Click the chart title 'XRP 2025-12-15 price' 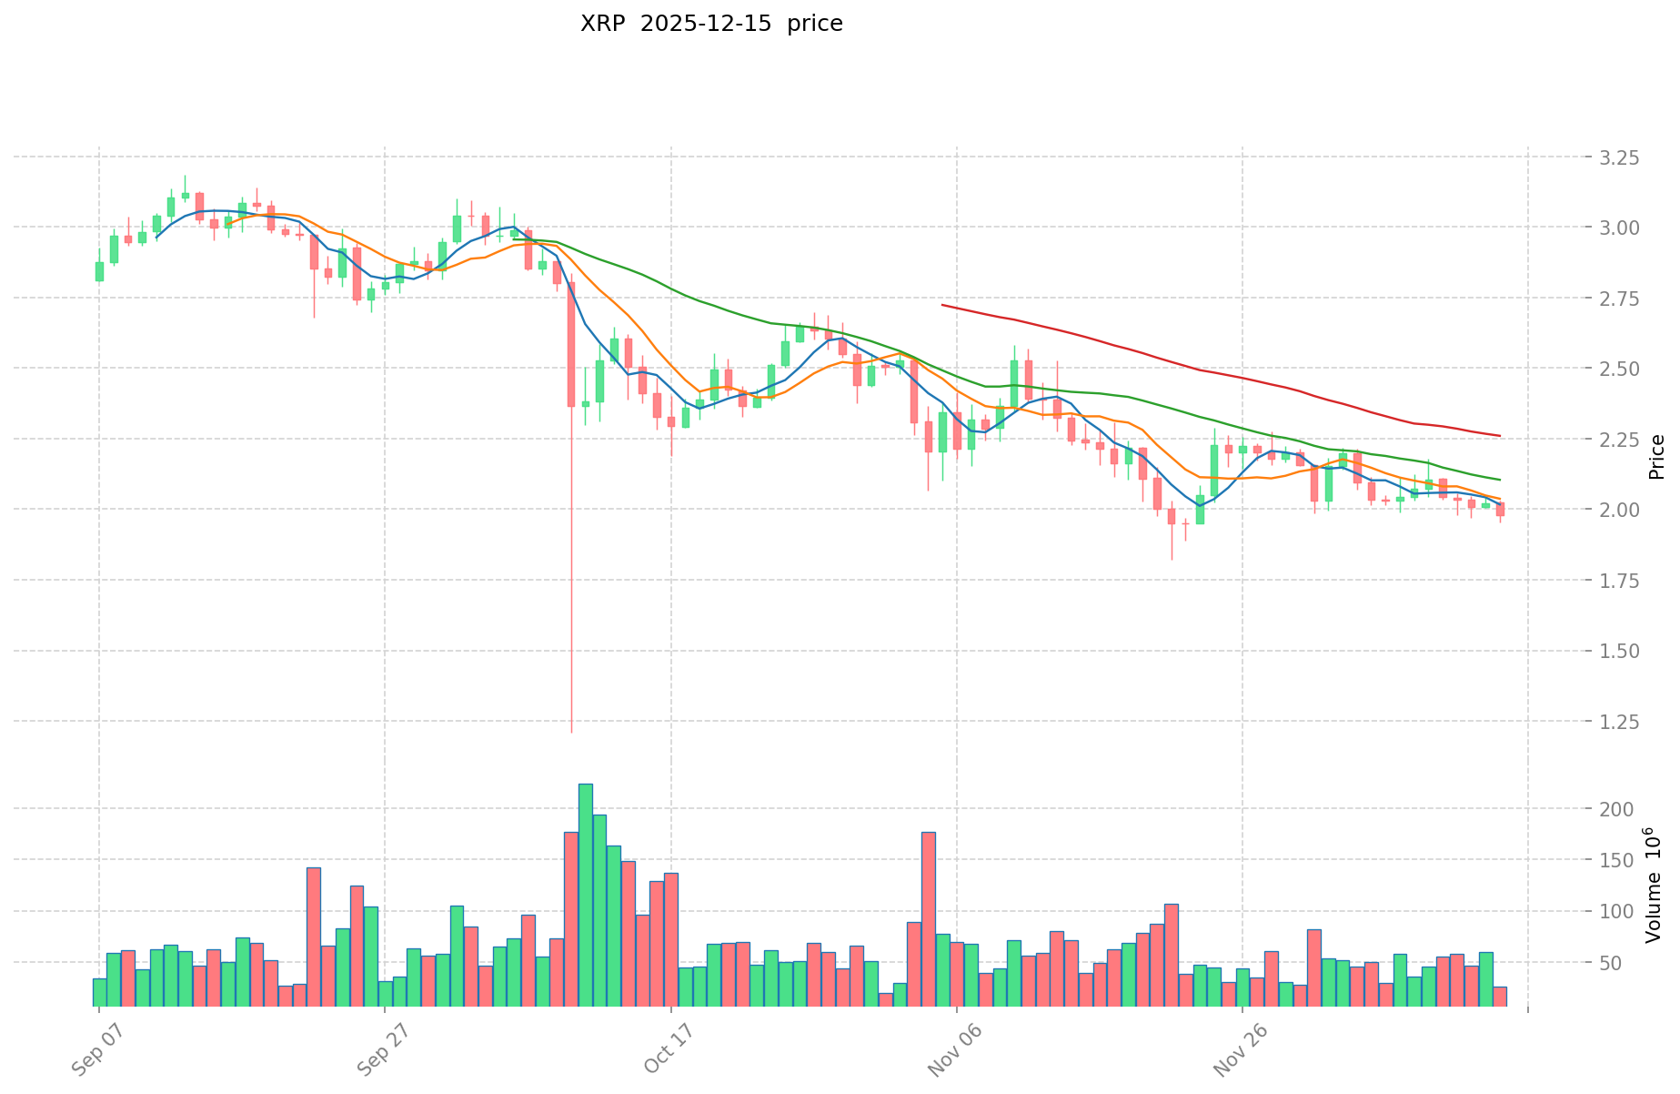[x=711, y=24]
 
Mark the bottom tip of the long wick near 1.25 [x=571, y=732]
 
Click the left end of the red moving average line [x=942, y=305]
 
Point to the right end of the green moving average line [x=1500, y=480]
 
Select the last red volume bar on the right [x=1500, y=997]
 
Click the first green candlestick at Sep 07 [x=99, y=271]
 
